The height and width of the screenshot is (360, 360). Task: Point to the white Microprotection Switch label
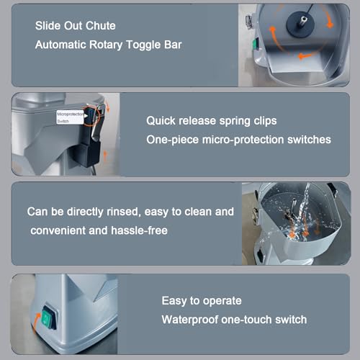(x=70, y=117)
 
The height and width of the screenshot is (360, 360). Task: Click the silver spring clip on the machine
(x=98, y=122)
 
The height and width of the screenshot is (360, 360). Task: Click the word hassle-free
(x=139, y=230)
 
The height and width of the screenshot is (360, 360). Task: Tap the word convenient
(x=58, y=231)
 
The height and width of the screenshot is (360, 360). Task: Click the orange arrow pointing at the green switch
(x=36, y=322)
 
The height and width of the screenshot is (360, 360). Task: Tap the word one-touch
(x=246, y=320)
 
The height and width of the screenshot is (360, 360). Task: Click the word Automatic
(x=60, y=45)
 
